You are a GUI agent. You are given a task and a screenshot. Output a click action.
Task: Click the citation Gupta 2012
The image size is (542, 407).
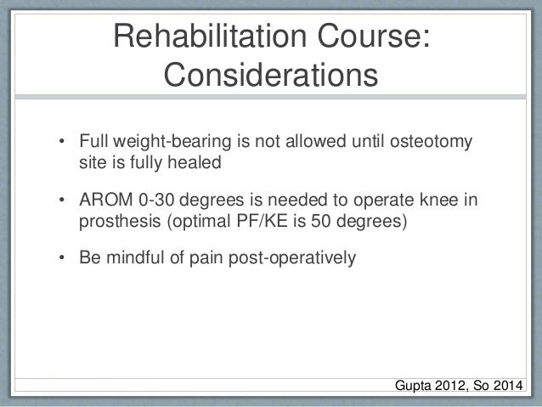point(431,387)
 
